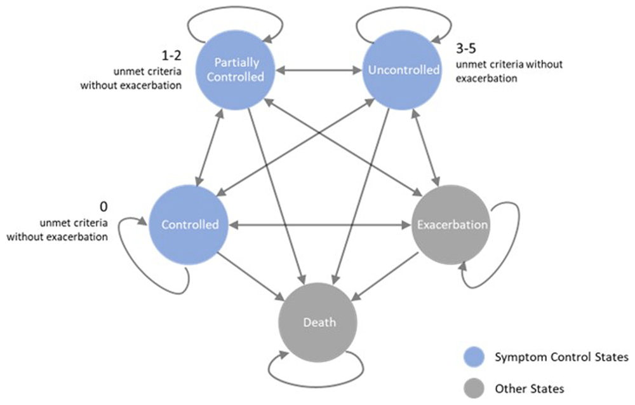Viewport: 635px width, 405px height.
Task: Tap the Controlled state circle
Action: [190, 224]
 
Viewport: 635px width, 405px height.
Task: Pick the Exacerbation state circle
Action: [452, 224]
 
